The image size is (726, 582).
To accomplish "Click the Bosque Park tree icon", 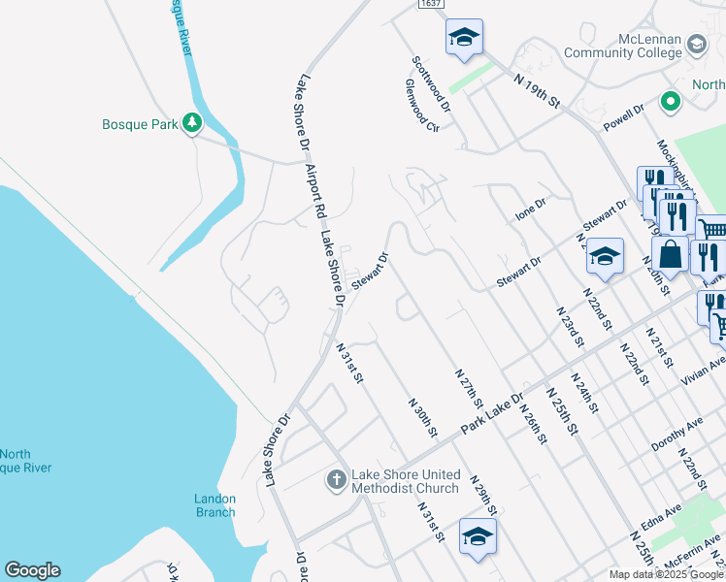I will [192, 123].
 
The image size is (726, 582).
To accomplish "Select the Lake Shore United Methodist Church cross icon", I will [336, 479].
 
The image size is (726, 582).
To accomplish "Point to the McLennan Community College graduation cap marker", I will [696, 44].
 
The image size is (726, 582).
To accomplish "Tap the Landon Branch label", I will [214, 505].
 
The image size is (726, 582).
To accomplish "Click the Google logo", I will [32, 570].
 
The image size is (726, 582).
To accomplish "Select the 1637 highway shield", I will [431, 5].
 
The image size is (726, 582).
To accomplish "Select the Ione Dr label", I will [531, 210].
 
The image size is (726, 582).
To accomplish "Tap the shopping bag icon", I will [671, 255].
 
